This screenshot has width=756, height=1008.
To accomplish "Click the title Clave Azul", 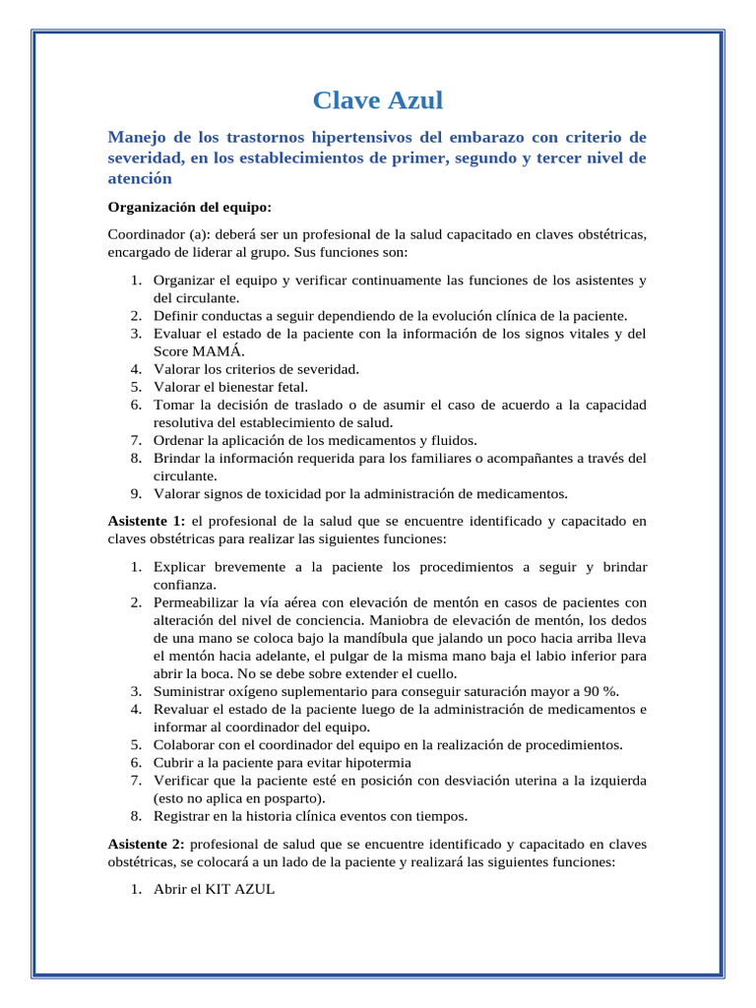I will click(x=378, y=99).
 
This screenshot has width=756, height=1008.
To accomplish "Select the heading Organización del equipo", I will click(x=189, y=208).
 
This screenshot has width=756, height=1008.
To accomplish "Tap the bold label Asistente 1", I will click(x=146, y=520).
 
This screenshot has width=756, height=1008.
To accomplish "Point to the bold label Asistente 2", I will click(x=146, y=844).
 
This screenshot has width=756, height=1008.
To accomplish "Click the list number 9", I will click(x=135, y=493).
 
